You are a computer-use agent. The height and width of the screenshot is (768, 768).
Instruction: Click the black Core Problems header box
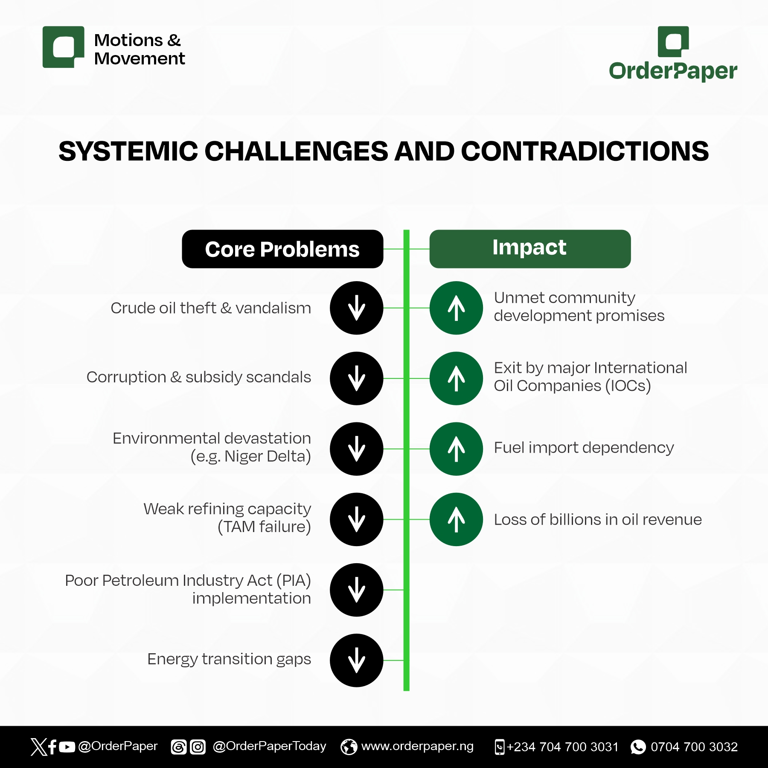pyautogui.click(x=282, y=249)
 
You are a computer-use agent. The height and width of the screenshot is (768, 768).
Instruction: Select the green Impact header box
pyautogui.click(x=530, y=249)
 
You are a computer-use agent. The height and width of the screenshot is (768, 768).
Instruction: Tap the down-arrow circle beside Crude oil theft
pyautogui.click(x=357, y=308)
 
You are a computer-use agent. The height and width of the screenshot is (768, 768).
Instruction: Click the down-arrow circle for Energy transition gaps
pyautogui.click(x=357, y=660)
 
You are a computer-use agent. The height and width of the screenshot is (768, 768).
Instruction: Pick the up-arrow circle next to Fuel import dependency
pyautogui.click(x=456, y=449)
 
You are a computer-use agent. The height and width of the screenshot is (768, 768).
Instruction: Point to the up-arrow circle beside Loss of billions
pyautogui.click(x=456, y=519)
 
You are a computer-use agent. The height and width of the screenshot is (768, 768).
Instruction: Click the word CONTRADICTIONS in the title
pyautogui.click(x=585, y=151)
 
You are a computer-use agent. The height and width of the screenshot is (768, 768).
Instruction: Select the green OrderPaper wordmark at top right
pyautogui.click(x=673, y=71)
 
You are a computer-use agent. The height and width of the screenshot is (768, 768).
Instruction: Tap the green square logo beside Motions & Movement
pyautogui.click(x=64, y=47)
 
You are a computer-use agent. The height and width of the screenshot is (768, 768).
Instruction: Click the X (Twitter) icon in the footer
pyautogui.click(x=38, y=747)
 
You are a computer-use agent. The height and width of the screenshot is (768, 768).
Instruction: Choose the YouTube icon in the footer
pyautogui.click(x=67, y=747)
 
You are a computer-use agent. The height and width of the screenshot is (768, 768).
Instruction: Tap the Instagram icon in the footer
pyautogui.click(x=198, y=747)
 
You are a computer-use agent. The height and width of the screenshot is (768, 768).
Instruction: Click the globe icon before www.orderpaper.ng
pyautogui.click(x=349, y=747)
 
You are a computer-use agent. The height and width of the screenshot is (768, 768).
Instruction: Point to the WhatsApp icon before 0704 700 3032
pyautogui.click(x=638, y=747)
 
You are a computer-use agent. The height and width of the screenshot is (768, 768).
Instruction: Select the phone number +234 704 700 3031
pyautogui.click(x=563, y=747)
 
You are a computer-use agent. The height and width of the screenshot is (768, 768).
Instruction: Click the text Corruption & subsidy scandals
pyautogui.click(x=199, y=378)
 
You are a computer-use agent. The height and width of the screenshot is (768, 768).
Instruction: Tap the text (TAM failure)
pyautogui.click(x=265, y=527)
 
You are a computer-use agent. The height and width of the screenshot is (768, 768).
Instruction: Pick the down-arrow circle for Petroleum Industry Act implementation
pyautogui.click(x=357, y=590)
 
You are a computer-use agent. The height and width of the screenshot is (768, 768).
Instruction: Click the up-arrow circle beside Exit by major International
pyautogui.click(x=456, y=378)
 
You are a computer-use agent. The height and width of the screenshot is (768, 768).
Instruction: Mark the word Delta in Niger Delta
pyautogui.click(x=290, y=457)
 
